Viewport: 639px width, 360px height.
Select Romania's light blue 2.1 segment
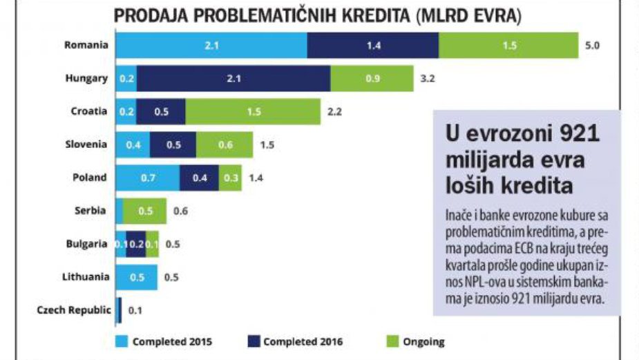211,45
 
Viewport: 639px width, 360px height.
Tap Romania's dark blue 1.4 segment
372,45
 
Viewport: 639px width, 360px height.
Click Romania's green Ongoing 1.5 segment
508,45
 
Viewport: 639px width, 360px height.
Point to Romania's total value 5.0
592,46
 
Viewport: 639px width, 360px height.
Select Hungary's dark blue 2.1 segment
233,78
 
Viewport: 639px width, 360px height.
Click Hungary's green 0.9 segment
372,78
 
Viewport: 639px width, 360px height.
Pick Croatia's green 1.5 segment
253,111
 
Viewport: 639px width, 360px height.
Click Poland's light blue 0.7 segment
147,178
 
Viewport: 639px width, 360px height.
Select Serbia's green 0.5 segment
145,211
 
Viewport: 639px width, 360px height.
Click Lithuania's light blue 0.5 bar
136,276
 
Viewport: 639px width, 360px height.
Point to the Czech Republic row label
73,310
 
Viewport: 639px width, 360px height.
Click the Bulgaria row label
86,244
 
